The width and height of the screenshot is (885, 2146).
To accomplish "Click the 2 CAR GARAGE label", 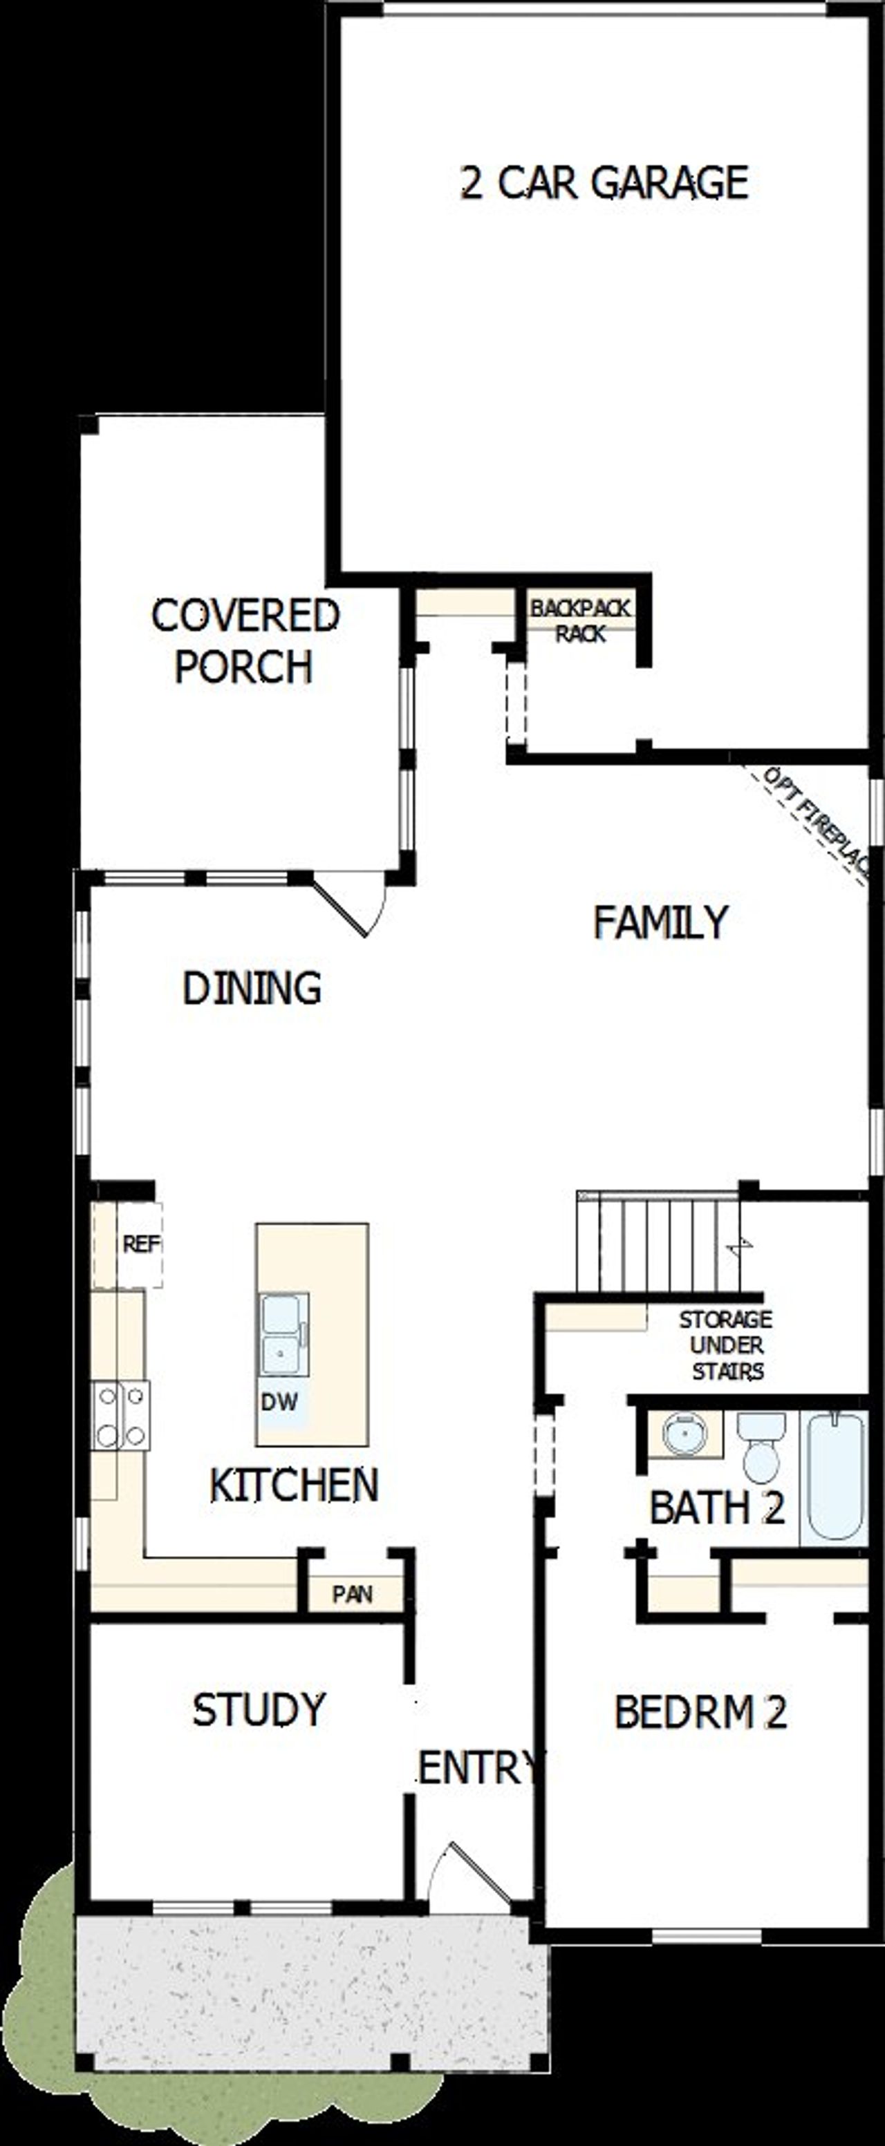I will tap(604, 182).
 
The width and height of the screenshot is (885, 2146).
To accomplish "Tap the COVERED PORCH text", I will tap(245, 640).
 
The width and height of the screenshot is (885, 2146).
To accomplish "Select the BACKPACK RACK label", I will tap(581, 620).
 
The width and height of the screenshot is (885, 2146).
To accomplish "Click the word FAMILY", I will tap(661, 922).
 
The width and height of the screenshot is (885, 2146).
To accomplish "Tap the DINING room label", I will tap(252, 988).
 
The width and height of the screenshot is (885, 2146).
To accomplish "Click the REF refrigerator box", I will tap(139, 1244).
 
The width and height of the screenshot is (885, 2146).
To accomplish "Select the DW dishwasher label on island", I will tap(279, 1401).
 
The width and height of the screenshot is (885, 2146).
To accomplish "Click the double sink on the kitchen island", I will tap(283, 1333).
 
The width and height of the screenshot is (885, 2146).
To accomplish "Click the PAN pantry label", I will tap(353, 1594).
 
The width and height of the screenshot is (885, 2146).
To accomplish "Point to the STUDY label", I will tap(259, 1709).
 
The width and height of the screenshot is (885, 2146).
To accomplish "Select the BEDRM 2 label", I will tap(700, 1712).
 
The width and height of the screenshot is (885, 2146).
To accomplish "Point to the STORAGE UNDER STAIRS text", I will tap(726, 1345).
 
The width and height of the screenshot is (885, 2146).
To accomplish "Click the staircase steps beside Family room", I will tap(658, 1244).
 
